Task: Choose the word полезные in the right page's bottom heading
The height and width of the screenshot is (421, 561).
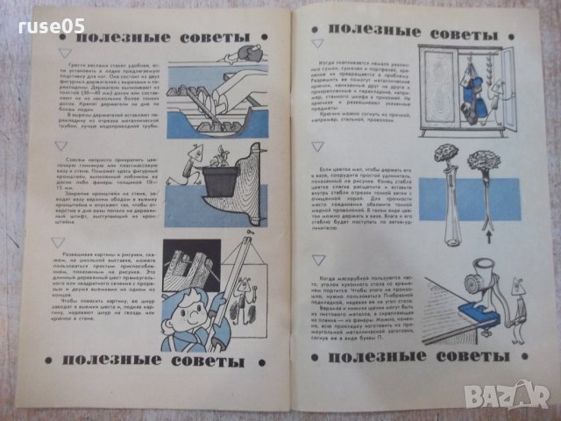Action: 366,357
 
